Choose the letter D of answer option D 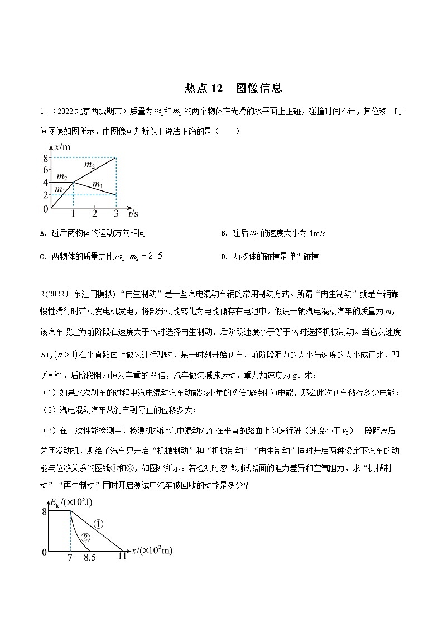(223, 257)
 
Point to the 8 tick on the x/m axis (45, 158)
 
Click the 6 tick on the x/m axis (45, 170)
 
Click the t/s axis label (133, 213)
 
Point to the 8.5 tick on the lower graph (89, 557)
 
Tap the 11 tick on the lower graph (122, 557)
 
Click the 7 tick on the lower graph (70, 557)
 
